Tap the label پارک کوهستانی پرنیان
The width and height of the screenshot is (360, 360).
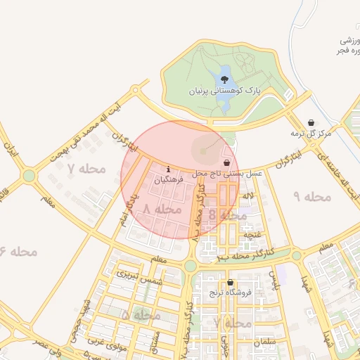(224, 91)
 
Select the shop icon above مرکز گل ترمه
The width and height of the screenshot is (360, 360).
(311, 122)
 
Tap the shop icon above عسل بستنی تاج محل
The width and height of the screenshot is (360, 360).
(226, 162)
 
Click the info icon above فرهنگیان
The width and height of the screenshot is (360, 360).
(168, 169)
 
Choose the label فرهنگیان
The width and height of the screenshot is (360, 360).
(169, 180)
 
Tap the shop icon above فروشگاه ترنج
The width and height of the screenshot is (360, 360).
(231, 283)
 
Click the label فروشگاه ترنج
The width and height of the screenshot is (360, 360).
(231, 293)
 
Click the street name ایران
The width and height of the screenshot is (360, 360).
(10, 150)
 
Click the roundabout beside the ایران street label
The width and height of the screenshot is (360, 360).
(29, 175)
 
